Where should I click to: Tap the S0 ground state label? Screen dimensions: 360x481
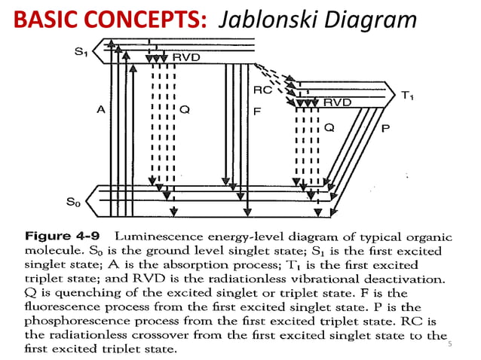(x=73, y=202)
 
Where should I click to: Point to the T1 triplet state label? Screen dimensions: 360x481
(x=407, y=96)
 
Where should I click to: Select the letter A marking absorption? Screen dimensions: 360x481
(x=100, y=110)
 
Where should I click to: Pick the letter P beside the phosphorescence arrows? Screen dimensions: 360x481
(x=386, y=129)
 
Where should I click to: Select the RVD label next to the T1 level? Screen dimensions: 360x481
(x=337, y=102)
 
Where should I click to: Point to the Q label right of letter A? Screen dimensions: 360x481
(x=185, y=110)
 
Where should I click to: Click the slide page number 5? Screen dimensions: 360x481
(x=450, y=344)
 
